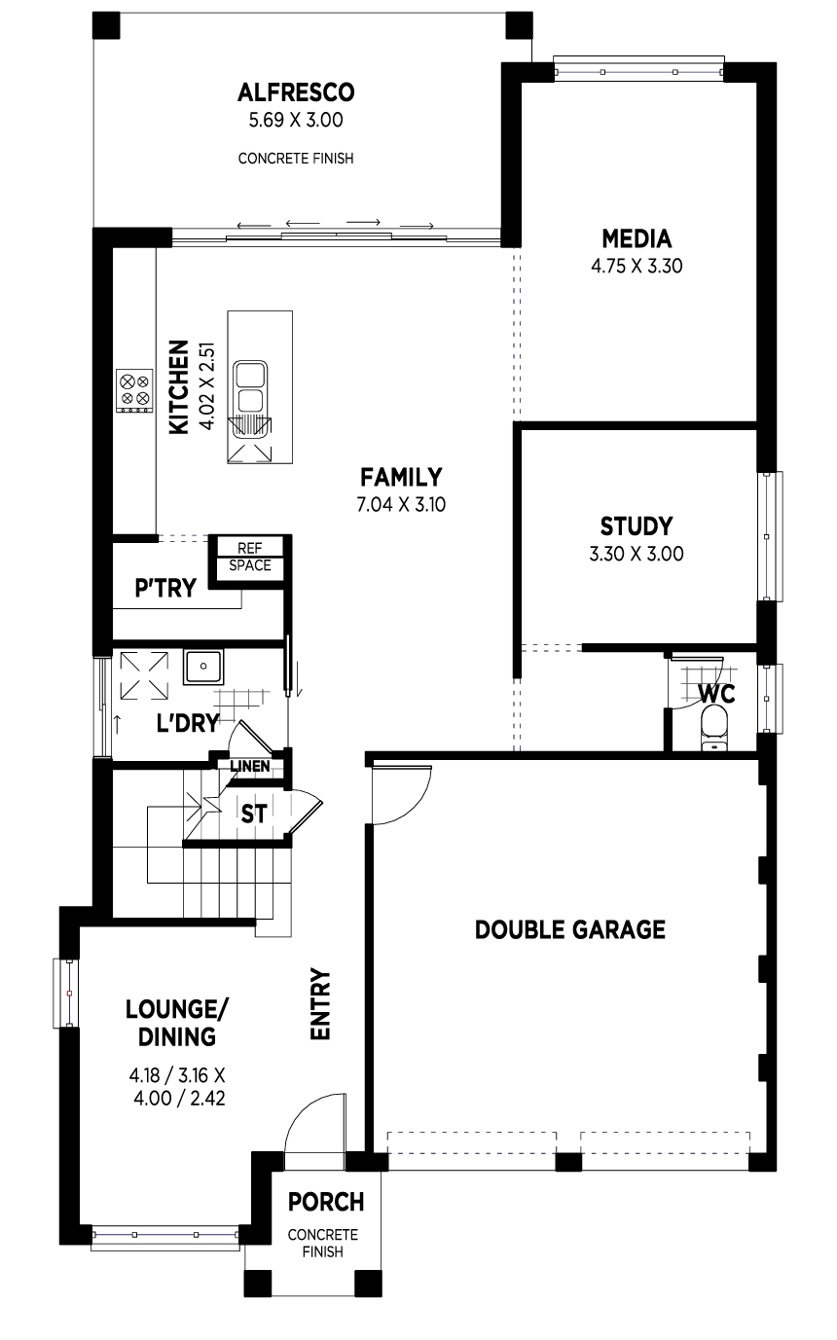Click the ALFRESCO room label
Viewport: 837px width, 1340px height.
[x=296, y=92]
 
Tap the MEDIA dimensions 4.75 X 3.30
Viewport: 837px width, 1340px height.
[x=637, y=266]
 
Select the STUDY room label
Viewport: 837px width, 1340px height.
[x=637, y=526]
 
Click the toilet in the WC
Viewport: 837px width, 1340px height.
[x=713, y=728]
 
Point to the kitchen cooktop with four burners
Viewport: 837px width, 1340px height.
[x=134, y=390]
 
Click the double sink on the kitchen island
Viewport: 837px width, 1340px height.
[x=251, y=387]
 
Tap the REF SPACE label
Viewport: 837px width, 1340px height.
[x=250, y=557]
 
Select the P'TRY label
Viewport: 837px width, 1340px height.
[x=165, y=588]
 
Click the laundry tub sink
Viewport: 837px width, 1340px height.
[x=203, y=667]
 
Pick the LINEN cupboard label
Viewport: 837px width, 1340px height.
[x=250, y=766]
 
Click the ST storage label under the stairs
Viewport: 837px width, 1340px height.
[x=254, y=814]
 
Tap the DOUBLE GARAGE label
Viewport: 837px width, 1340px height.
[x=570, y=929]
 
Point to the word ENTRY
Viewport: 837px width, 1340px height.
[x=320, y=1005]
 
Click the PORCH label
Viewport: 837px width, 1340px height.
[x=326, y=1202]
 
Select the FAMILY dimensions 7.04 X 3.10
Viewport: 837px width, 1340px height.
[x=401, y=505]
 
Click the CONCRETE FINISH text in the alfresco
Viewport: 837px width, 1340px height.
[x=296, y=159]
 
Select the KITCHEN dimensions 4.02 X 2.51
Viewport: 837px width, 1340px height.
[x=207, y=386]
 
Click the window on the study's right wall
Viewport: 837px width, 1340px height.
[x=770, y=536]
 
